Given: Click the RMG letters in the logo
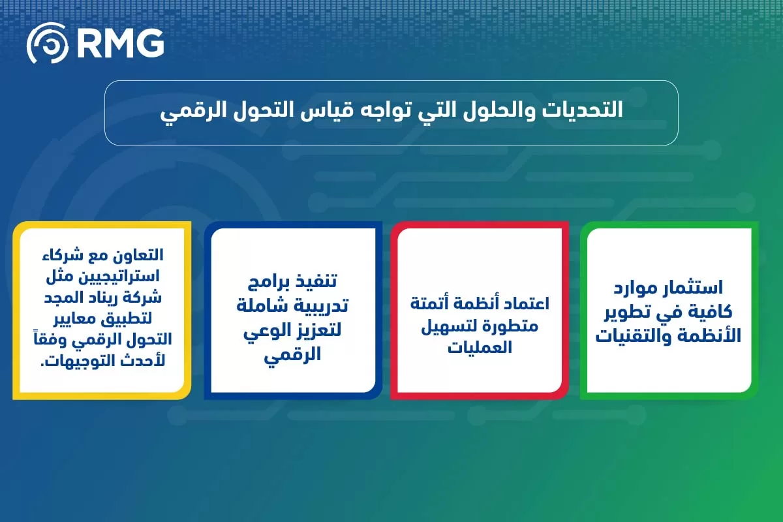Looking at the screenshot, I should point(120,44).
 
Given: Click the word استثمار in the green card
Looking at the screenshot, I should point(696,288).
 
